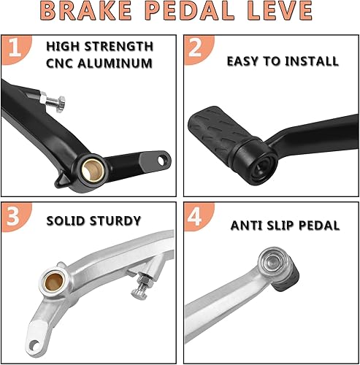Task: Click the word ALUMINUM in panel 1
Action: (x=119, y=64)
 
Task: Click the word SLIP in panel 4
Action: (x=280, y=226)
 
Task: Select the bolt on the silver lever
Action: (x=139, y=287)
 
